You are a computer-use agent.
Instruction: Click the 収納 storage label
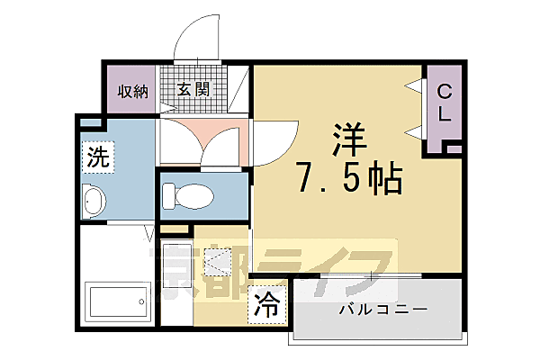(132, 91)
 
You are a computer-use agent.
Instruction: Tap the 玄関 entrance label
(193, 90)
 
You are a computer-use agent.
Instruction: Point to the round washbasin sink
(94, 203)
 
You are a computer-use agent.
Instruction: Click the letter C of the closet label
(445, 92)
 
